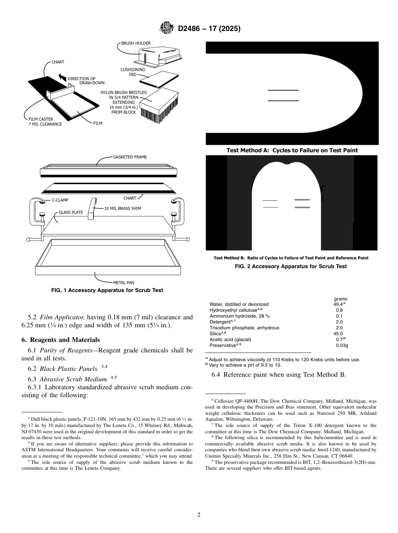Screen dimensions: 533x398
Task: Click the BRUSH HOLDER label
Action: click(136, 43)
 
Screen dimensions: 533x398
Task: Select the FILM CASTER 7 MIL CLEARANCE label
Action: click(45, 122)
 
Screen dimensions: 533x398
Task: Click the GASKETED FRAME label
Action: click(130, 157)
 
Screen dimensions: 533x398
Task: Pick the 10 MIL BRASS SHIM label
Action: click(122, 208)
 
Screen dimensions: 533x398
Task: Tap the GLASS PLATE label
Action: click(71, 212)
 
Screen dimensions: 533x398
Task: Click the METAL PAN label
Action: click(124, 282)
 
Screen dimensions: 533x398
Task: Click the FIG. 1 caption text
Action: click(107, 290)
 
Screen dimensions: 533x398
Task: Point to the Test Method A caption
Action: click(292, 150)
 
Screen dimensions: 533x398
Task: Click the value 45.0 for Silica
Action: click(338, 334)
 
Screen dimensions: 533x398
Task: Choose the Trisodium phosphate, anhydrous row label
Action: click(244, 328)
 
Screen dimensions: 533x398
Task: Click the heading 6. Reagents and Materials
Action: click(60, 340)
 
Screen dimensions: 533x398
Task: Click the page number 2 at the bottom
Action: click(199, 515)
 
